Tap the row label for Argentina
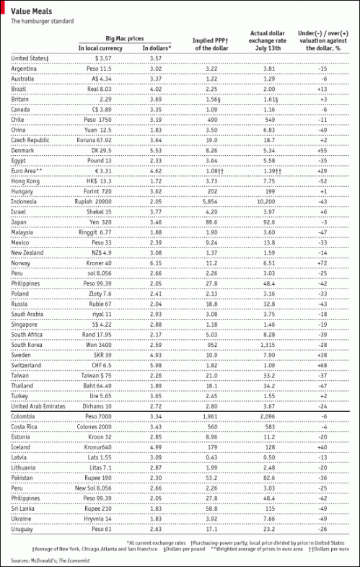coord(26,67)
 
